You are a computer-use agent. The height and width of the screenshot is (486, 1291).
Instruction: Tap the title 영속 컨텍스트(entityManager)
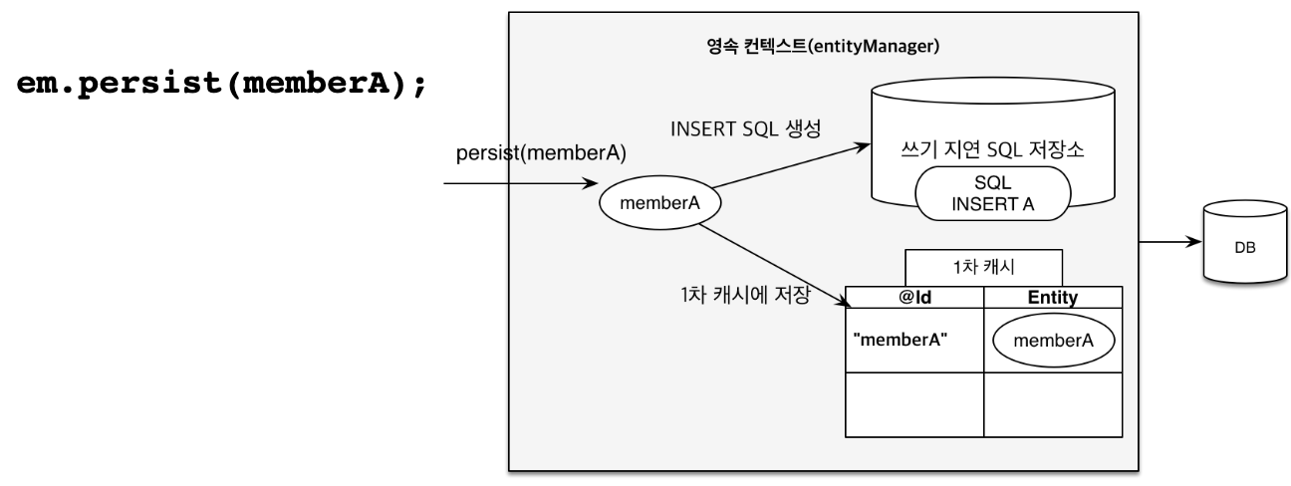click(822, 45)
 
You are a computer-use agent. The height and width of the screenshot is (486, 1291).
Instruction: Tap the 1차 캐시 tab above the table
click(983, 267)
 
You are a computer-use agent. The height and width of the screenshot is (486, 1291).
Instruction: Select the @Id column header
click(913, 295)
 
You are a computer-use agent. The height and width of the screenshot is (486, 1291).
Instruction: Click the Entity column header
click(1053, 295)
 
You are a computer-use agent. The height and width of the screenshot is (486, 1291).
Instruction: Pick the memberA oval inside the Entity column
click(1053, 340)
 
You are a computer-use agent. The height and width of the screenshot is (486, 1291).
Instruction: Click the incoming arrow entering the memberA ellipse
click(518, 184)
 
